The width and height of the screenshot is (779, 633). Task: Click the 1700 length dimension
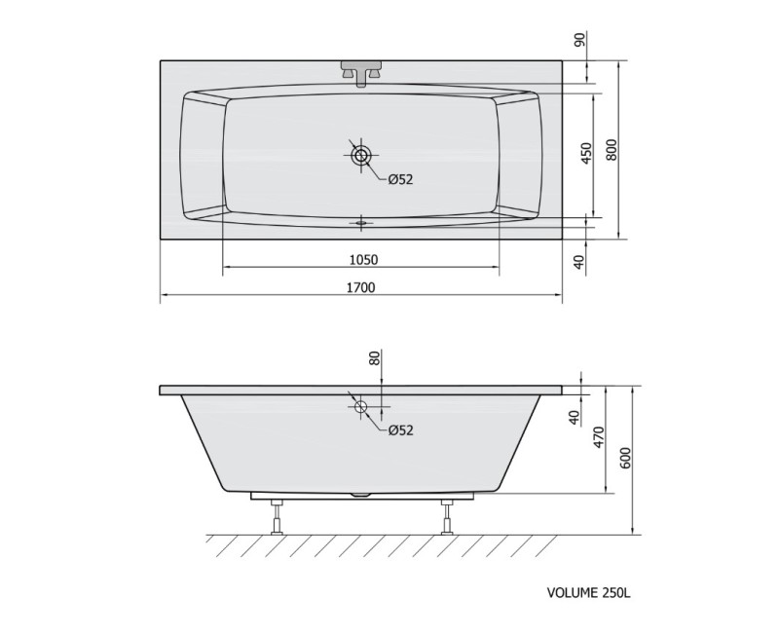coord(361,287)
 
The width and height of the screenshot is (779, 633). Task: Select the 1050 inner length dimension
coord(363,259)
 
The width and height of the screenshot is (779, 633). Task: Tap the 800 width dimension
coord(612,149)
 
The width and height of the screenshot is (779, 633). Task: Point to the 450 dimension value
coord(587,154)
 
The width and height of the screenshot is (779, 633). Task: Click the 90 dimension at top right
coord(579,39)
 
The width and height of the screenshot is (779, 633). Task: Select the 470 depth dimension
coord(599,437)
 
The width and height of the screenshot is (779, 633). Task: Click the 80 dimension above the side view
coord(375,357)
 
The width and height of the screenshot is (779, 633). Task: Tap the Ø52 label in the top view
coord(400,179)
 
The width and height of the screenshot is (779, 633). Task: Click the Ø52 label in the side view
coord(400,429)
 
